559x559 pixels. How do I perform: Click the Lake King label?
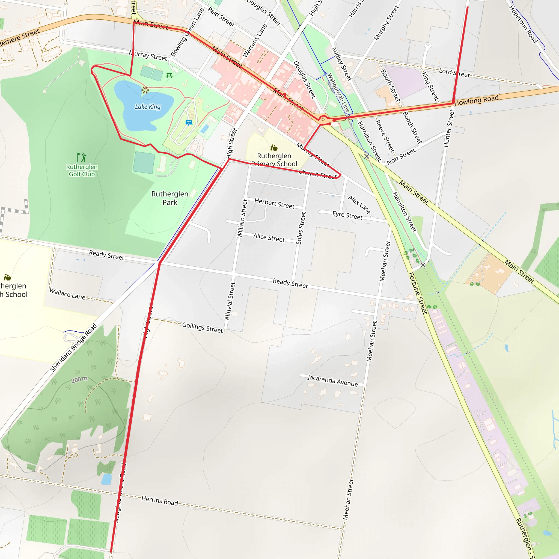pos(148,107)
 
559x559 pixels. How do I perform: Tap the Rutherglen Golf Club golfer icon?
pos(82,157)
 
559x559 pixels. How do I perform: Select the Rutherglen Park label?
pos(170,198)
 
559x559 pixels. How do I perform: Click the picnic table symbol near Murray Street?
pos(169,76)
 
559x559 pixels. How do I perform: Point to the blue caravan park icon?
pos(189,123)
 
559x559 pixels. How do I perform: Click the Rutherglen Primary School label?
pos(274,160)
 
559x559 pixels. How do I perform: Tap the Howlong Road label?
pos(476,100)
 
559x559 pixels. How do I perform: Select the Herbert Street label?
pos(274,203)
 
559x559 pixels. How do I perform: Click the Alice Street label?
pos(269,237)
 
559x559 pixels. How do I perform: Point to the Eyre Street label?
pos(347,215)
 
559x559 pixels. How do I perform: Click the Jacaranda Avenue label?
pos(332,380)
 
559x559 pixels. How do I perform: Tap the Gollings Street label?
pos(203,327)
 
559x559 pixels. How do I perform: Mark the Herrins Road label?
pos(160,501)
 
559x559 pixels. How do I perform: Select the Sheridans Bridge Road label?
pos(73,347)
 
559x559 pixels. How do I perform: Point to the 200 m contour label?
pos(79,379)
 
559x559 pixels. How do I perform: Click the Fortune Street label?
pos(418,293)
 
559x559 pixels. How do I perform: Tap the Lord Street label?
pos(454,73)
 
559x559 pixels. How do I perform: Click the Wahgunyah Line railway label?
pos(338,93)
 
